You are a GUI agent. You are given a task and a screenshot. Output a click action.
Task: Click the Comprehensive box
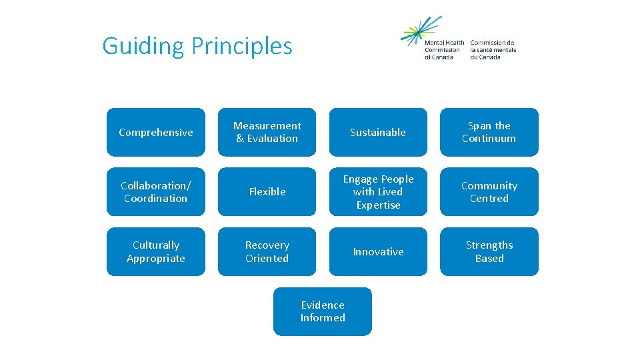[x=156, y=132]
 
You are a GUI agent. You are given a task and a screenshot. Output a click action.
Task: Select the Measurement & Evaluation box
[x=267, y=132]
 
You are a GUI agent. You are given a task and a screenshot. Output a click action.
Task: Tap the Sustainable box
[x=378, y=132]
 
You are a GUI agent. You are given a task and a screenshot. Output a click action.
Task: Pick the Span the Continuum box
[x=489, y=132]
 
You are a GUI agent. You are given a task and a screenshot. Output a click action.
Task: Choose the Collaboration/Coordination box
[x=156, y=192]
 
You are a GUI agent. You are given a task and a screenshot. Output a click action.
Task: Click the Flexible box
[x=267, y=192]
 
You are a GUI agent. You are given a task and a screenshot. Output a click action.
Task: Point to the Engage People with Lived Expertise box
[x=378, y=192]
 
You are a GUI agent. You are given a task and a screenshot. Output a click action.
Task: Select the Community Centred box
[x=489, y=192]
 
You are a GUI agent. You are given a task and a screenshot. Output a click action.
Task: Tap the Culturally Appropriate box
[x=156, y=252]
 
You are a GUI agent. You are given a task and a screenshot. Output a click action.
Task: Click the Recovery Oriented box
[x=267, y=252]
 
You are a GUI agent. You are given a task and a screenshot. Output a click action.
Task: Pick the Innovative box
[x=378, y=252]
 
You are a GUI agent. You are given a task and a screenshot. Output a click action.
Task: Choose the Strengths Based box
[x=489, y=252]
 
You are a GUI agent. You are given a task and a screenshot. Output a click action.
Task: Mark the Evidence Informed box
[x=323, y=311]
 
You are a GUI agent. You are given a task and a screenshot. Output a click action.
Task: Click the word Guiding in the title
[x=143, y=46]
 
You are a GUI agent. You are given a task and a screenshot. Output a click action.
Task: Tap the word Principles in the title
[x=241, y=46]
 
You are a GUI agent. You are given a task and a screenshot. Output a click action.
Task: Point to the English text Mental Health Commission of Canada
[x=444, y=50]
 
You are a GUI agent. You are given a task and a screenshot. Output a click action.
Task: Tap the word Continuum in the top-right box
[x=489, y=139]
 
